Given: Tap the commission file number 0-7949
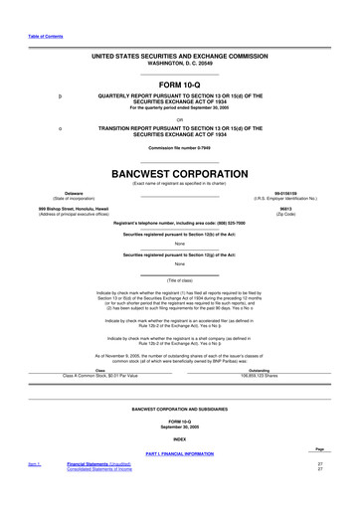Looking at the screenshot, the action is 180,149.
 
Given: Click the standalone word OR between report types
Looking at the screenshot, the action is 180,118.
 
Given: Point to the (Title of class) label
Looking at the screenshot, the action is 180,281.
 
